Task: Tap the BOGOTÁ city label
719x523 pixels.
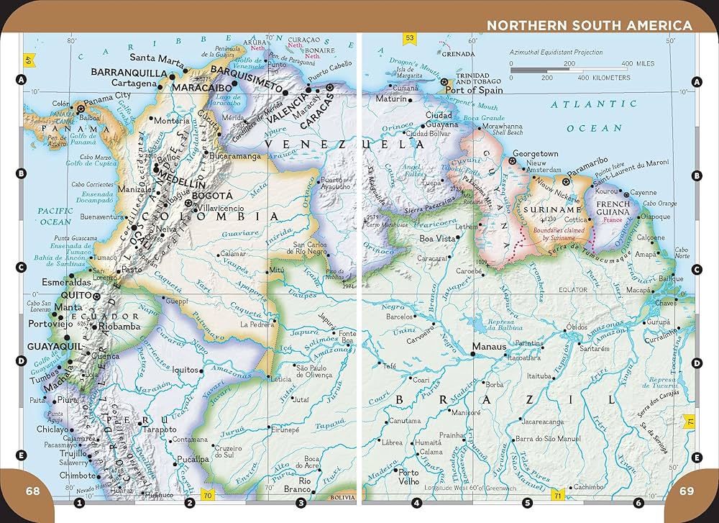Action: point(211,195)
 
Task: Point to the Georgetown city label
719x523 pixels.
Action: point(534,154)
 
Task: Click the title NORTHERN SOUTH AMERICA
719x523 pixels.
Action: point(590,26)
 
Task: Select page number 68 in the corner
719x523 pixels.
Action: point(32,491)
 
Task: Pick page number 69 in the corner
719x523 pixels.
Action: point(686,491)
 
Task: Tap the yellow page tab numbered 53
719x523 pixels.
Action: point(410,38)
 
